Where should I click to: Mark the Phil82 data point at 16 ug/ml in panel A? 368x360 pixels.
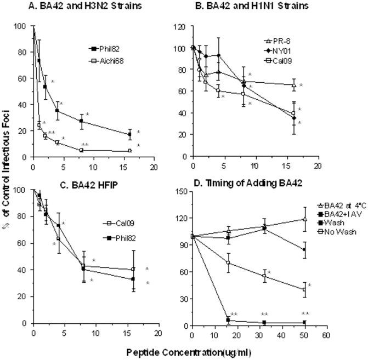[x=129, y=134]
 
